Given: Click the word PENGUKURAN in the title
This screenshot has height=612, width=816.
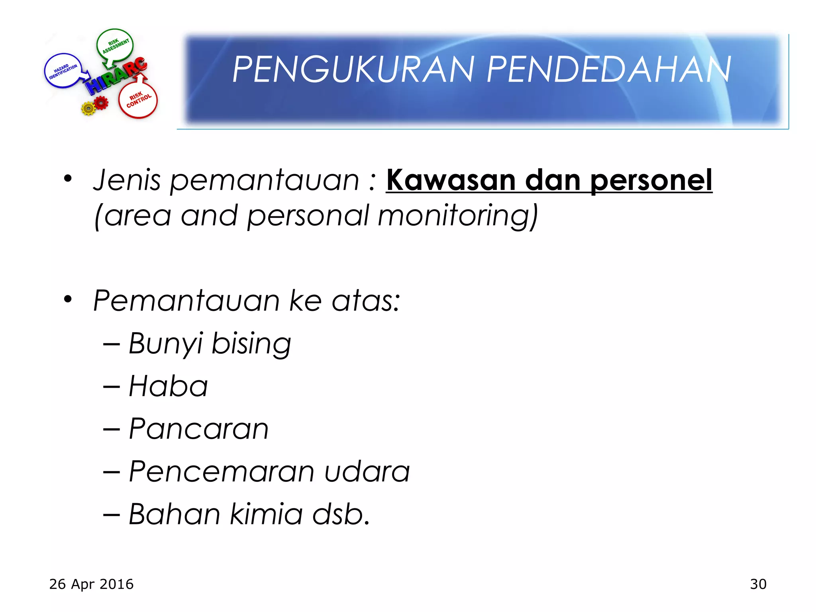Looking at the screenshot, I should (354, 70).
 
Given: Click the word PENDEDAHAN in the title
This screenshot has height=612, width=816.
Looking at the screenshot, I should (609, 70).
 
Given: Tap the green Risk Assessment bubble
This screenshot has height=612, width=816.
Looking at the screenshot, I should (115, 45).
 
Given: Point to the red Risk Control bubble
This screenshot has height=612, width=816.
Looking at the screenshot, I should (138, 100).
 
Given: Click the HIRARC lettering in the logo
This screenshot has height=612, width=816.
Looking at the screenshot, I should (116, 76).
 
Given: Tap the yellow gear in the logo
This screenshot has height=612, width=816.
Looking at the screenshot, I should (88, 108).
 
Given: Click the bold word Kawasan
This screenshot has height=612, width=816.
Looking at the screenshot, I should (451, 180).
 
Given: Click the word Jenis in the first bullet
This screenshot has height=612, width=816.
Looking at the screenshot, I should (127, 180).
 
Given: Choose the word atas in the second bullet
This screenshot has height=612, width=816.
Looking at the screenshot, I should (366, 301).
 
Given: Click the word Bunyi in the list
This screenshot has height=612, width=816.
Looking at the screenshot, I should (166, 344).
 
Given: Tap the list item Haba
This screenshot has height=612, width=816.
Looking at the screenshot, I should (168, 386).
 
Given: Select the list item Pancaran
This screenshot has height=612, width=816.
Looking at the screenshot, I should (198, 429).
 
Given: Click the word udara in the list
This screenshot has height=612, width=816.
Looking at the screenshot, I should (367, 472).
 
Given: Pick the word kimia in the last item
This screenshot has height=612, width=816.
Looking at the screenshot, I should (266, 514).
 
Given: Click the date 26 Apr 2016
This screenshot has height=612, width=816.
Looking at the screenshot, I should (91, 584).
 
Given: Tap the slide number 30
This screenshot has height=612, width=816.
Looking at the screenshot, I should (758, 584).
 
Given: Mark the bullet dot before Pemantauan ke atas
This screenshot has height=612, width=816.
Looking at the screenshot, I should (68, 299).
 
